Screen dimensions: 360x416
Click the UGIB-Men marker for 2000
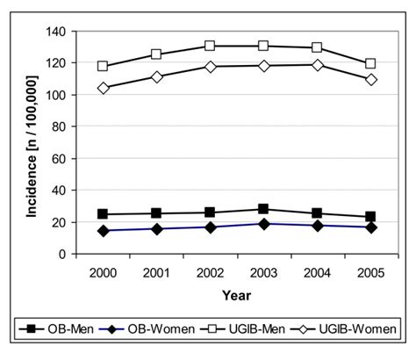[x=103, y=67]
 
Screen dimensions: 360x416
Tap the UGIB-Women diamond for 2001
[x=156, y=77]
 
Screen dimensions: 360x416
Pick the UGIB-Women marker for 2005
[x=370, y=80]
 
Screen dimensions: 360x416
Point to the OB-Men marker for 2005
[x=370, y=217]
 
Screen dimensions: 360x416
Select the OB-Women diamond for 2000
[x=103, y=231]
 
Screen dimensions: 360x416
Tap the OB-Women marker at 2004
[x=317, y=226]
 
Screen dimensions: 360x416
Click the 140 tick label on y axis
[x=58, y=32]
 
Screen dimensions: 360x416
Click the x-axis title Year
[x=236, y=296]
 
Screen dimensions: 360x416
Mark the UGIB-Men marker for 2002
[x=210, y=46]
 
